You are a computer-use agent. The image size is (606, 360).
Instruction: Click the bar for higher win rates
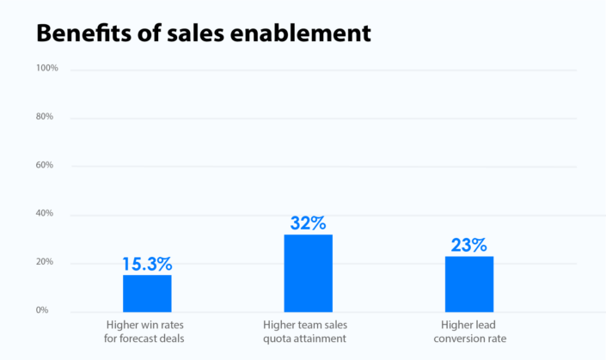coord(147,293)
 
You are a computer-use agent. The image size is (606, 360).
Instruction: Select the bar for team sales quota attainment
coord(308,273)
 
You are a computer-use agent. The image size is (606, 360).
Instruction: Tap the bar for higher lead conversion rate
coord(469,284)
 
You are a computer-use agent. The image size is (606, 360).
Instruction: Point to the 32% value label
coord(308,223)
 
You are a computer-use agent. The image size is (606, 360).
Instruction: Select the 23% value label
coord(469,244)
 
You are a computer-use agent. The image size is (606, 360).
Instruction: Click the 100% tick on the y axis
coord(46,68)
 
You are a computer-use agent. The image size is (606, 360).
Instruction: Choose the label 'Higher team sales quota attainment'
coord(308,332)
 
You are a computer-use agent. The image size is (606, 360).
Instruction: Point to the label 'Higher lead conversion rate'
coord(469,332)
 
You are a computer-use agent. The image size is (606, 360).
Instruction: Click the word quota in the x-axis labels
coord(285,339)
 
